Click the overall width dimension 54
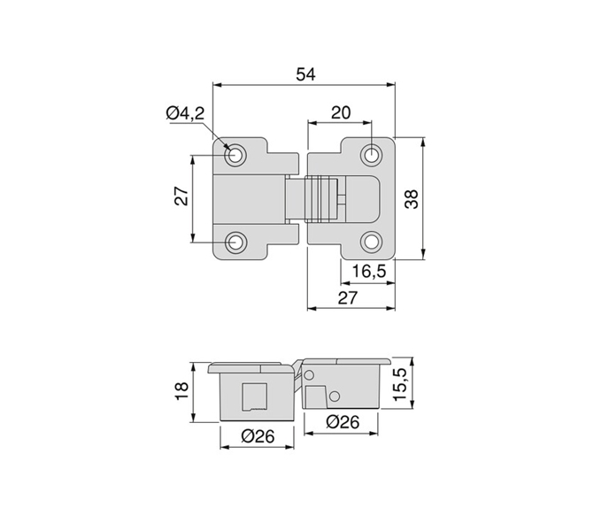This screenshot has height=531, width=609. click(x=305, y=74)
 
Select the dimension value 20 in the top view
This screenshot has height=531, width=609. click(x=340, y=112)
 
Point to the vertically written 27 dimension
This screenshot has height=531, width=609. click(x=181, y=197)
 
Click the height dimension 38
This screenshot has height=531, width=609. click(x=411, y=200)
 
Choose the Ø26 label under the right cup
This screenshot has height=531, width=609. click(x=342, y=422)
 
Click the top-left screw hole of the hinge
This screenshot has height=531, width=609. click(x=236, y=155)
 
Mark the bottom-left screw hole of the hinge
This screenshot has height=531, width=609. click(x=236, y=242)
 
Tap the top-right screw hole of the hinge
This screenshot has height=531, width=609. click(x=372, y=155)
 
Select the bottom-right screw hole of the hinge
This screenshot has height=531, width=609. click(x=372, y=241)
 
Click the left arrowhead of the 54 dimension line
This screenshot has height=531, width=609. click(x=218, y=85)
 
